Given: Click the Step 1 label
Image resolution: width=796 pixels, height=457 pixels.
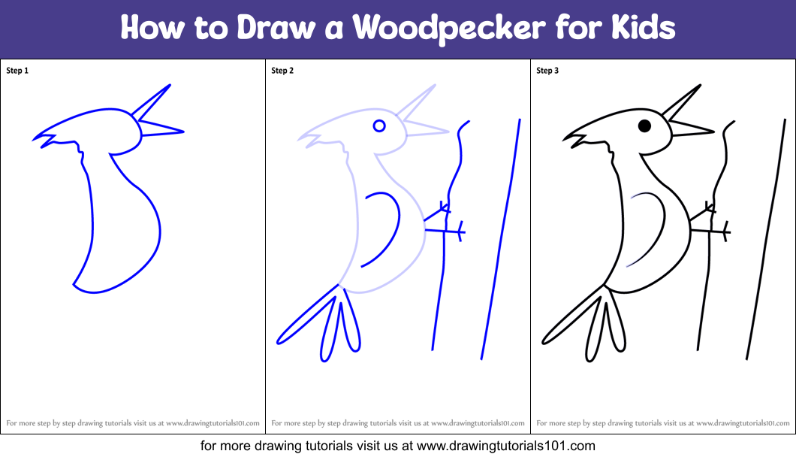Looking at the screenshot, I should point(17,71).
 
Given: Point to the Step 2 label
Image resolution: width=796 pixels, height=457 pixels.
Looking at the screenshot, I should point(282,71).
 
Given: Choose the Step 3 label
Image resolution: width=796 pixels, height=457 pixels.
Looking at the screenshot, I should point(547,71).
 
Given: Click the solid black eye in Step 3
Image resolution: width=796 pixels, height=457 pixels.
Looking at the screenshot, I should point(644,126).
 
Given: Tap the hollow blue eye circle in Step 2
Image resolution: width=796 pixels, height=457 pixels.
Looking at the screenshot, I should point(379,126).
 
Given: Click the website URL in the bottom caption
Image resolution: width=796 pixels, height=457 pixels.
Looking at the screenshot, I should point(506,446).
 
